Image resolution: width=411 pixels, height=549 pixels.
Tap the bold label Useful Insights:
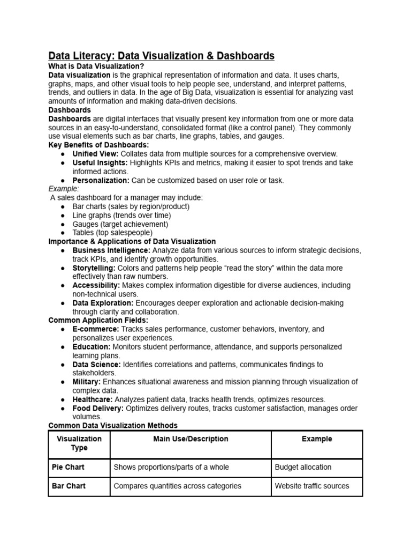pyautogui.click(x=100, y=162)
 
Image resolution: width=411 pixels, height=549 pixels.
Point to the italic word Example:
pyautogui.click(x=64, y=189)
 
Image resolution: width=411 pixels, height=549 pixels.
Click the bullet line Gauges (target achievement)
pyautogui.click(x=120, y=224)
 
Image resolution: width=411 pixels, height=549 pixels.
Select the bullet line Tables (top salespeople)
pyautogui.click(x=112, y=233)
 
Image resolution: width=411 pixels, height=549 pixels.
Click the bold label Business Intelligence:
pyautogui.click(x=111, y=250)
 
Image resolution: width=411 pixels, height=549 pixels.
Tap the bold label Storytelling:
pyautogui.click(x=94, y=268)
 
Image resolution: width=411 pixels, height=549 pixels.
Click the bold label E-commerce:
pyautogui.click(x=96, y=329)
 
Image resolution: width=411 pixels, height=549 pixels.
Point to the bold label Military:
pyautogui.click(x=87, y=382)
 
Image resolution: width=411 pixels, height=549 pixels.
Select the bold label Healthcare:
pyautogui.click(x=93, y=399)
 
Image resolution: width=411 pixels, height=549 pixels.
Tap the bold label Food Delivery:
pyautogui.click(x=98, y=408)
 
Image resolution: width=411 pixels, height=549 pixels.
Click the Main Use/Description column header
pyautogui.click(x=190, y=439)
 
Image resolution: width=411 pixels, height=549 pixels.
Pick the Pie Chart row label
pyautogui.click(x=68, y=467)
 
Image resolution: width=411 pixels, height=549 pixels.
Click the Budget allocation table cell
pyautogui.click(x=303, y=467)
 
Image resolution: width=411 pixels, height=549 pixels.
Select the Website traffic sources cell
pyautogui.click(x=311, y=486)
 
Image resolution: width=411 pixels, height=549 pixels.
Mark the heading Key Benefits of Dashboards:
pyautogui.click(x=98, y=145)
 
